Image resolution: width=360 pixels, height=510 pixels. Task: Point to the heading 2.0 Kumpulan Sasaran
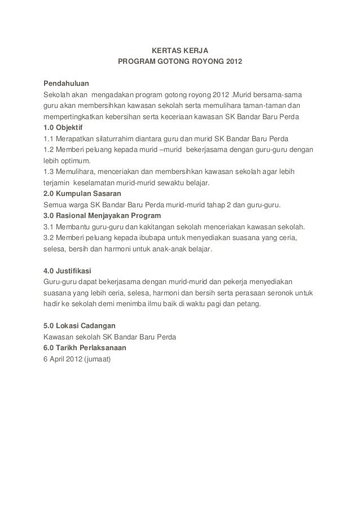[82, 194]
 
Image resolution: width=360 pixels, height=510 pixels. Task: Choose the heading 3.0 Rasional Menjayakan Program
[102, 216]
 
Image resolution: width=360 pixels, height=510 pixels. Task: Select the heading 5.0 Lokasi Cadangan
[80, 326]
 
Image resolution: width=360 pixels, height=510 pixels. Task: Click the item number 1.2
[49, 150]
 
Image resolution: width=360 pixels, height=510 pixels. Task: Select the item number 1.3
[49, 172]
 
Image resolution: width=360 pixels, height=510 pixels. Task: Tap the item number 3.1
[49, 227]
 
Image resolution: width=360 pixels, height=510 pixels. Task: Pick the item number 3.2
[49, 238]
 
